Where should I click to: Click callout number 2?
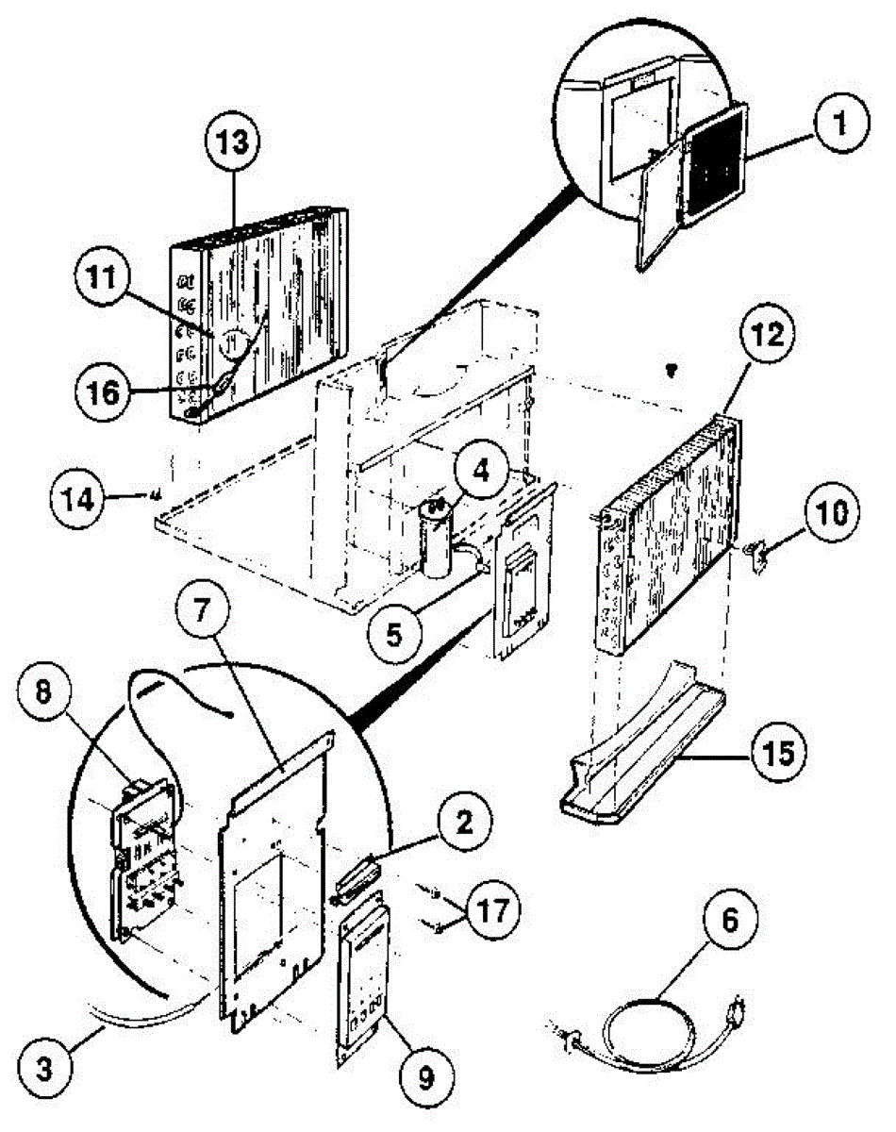460,825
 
